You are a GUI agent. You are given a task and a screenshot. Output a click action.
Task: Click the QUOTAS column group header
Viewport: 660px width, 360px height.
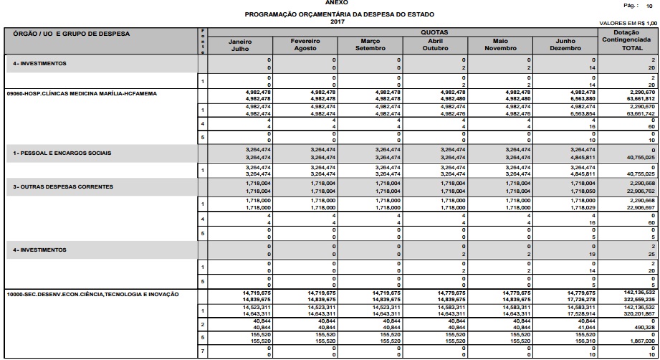[x=434, y=33]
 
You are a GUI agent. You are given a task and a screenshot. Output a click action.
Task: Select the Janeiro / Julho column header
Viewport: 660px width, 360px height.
[x=240, y=44]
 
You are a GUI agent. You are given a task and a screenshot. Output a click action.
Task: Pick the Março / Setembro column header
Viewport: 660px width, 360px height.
[x=370, y=44]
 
